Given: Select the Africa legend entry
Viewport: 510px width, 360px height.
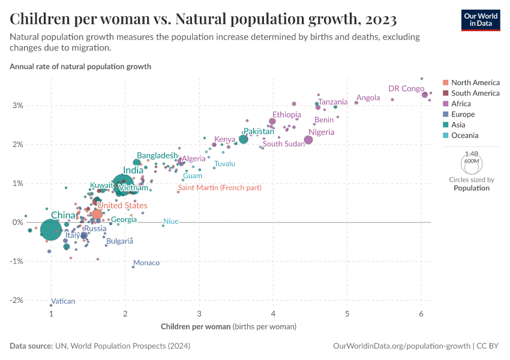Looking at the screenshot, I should (x=463, y=104).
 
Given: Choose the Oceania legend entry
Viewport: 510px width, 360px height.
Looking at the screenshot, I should (x=465, y=136).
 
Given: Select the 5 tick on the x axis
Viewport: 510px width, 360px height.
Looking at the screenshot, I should (x=347, y=314).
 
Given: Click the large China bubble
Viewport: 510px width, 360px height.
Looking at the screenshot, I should (x=51, y=230).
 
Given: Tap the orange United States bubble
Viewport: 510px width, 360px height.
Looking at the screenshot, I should (x=97, y=214).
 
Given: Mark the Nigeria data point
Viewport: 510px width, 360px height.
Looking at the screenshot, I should (x=308, y=140).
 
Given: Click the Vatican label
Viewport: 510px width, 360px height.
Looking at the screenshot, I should (x=63, y=301).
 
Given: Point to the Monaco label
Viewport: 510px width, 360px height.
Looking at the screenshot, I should (x=146, y=263).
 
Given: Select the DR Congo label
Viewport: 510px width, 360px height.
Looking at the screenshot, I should (x=406, y=88).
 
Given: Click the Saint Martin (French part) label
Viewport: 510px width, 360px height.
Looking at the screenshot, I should (x=220, y=188).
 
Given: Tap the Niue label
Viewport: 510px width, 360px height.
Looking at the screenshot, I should (x=171, y=221).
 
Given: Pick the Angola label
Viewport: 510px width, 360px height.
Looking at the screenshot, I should (x=368, y=98).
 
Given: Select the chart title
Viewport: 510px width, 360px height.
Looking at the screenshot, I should (x=203, y=19).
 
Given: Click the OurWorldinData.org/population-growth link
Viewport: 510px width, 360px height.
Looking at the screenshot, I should (x=401, y=346).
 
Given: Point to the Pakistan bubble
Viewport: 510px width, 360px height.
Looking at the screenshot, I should (x=243, y=139).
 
